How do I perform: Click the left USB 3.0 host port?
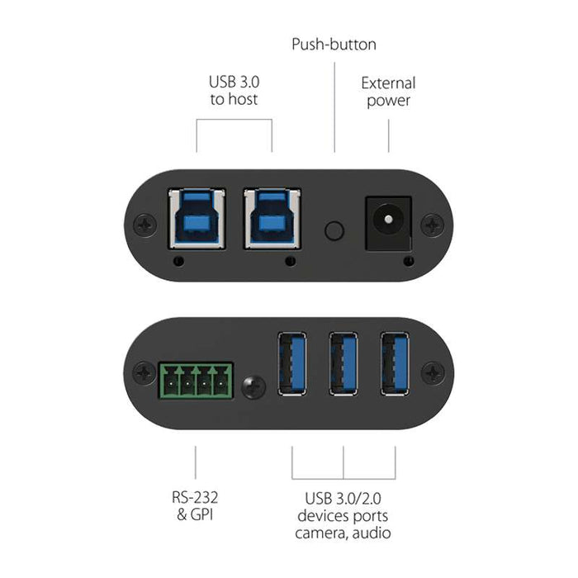click(x=197, y=219)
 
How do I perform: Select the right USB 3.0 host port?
click(x=272, y=219)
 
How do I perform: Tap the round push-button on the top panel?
click(x=334, y=230)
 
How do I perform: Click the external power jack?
click(x=387, y=221)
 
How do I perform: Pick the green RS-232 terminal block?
click(x=195, y=382)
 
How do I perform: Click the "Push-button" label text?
click(x=334, y=44)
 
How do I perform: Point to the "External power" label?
click(x=388, y=92)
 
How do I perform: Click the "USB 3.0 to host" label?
click(x=233, y=91)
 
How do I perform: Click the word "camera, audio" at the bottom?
click(x=343, y=533)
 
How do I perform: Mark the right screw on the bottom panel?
click(x=432, y=372)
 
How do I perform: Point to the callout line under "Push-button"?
click(x=334, y=107)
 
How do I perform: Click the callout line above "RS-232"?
click(x=195, y=462)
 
